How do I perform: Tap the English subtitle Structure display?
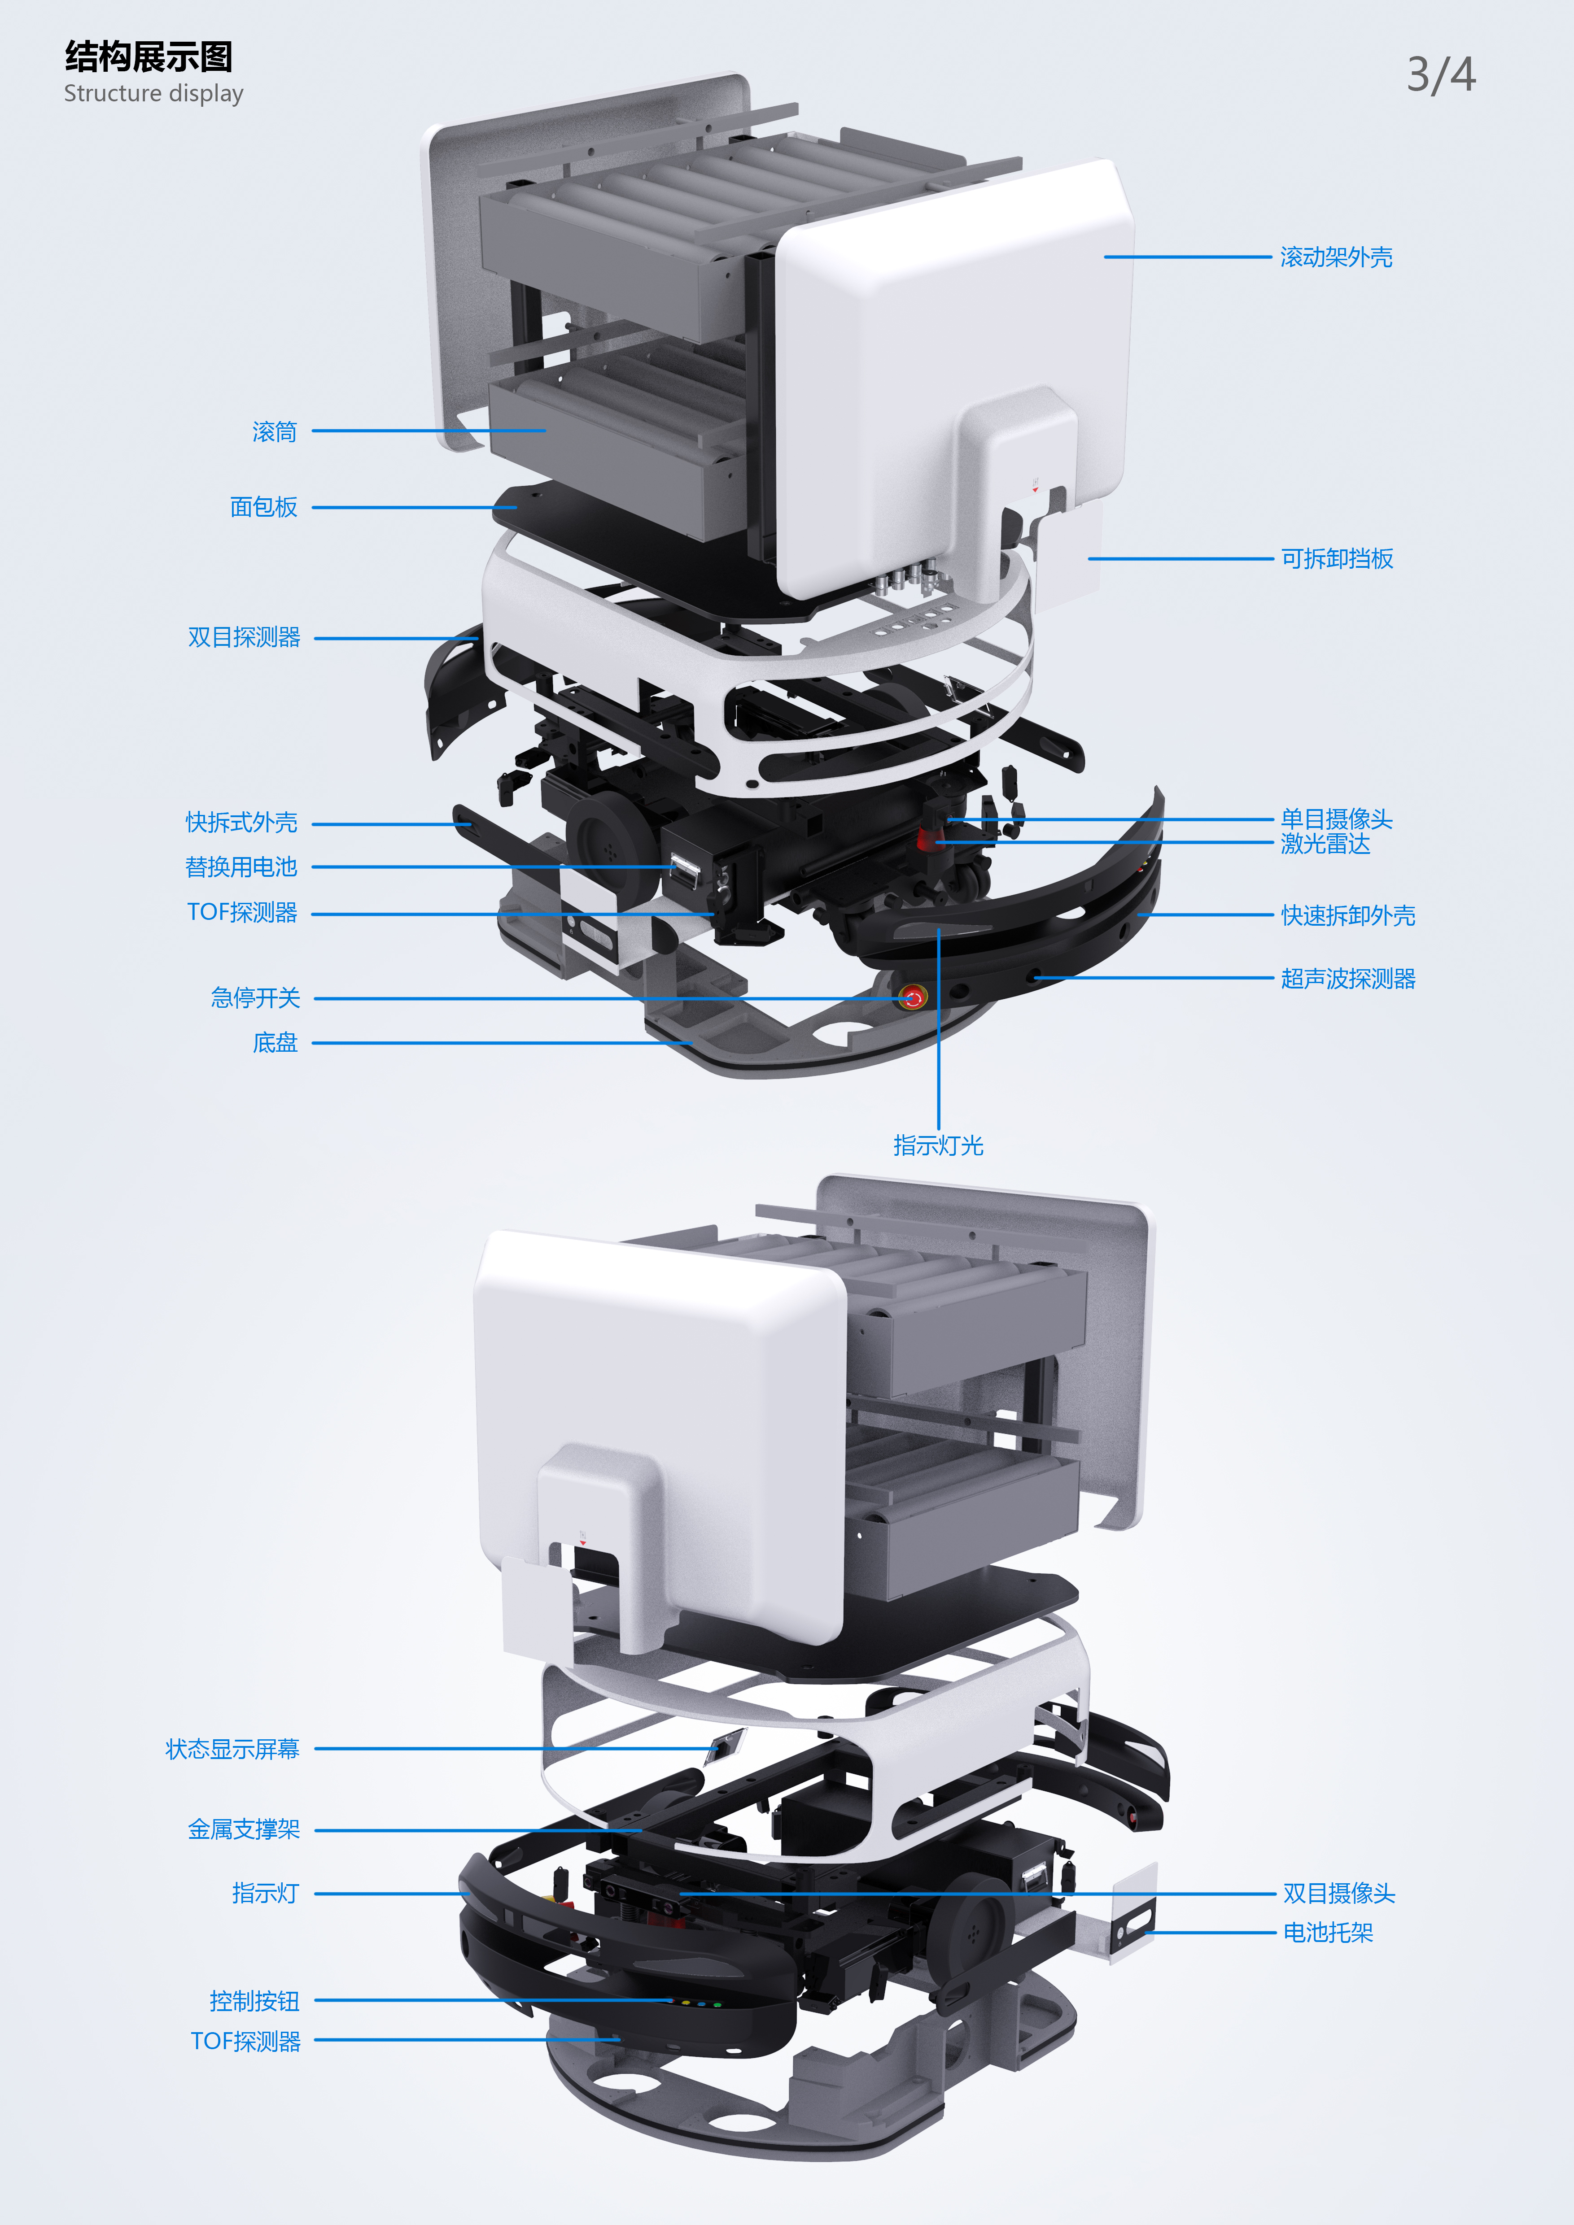(x=153, y=94)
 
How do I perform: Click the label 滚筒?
(x=274, y=431)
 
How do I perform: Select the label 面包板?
(x=264, y=507)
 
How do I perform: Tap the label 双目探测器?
(x=244, y=637)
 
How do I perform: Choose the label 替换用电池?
(x=241, y=866)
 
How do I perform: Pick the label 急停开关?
(x=256, y=997)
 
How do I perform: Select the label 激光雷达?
(x=1325, y=844)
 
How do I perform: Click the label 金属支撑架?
(x=244, y=1829)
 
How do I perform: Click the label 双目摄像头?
(x=1338, y=1893)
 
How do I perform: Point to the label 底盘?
(x=275, y=1043)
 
